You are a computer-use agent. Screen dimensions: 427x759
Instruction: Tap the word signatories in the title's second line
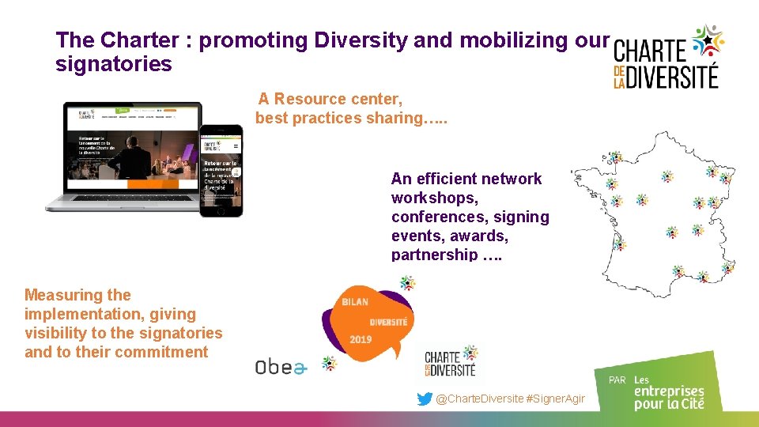click(x=113, y=64)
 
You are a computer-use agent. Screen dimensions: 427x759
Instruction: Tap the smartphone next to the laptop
click(x=221, y=170)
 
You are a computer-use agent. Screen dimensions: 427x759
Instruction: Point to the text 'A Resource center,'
click(x=330, y=99)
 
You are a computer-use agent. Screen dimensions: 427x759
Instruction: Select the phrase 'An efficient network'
click(x=466, y=179)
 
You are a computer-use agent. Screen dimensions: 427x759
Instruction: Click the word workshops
click(x=433, y=198)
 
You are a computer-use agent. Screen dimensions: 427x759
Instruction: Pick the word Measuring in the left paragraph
click(x=66, y=295)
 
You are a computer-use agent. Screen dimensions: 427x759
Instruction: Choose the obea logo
click(x=279, y=366)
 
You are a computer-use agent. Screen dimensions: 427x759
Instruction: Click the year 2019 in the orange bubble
click(x=361, y=340)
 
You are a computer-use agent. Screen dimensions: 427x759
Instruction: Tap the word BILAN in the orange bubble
click(x=355, y=301)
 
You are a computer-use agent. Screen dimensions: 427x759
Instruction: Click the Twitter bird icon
click(x=425, y=399)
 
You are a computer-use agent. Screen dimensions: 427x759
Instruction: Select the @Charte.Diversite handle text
click(x=479, y=399)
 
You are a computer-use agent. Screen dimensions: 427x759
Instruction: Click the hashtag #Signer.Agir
click(x=555, y=399)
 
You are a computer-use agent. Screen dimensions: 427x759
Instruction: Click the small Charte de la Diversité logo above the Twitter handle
click(x=451, y=363)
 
